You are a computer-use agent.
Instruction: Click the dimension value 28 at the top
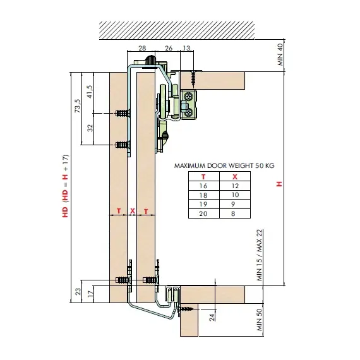(x=142, y=48)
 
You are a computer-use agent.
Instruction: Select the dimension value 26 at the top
(x=169, y=48)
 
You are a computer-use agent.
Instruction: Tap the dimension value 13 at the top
(x=186, y=48)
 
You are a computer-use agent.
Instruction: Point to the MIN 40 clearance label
(x=280, y=55)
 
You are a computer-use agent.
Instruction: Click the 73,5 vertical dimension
(x=78, y=105)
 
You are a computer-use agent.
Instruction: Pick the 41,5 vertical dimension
(x=90, y=92)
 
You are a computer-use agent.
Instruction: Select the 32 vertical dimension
(x=90, y=128)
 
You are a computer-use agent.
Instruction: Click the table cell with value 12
(x=235, y=186)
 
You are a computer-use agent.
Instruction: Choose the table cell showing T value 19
(x=203, y=204)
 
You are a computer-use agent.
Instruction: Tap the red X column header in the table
(x=235, y=177)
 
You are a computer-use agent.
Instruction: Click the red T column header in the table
(x=203, y=177)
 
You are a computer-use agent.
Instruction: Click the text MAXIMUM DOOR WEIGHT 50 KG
(x=224, y=165)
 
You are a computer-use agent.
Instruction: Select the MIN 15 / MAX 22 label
(x=259, y=255)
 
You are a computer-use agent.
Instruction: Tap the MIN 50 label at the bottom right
(x=259, y=320)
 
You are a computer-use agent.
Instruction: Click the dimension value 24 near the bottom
(x=212, y=317)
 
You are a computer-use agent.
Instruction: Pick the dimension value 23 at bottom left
(x=78, y=292)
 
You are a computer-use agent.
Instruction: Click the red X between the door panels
(x=133, y=211)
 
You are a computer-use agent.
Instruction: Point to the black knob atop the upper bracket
(x=150, y=60)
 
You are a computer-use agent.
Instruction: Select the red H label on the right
(x=279, y=184)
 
